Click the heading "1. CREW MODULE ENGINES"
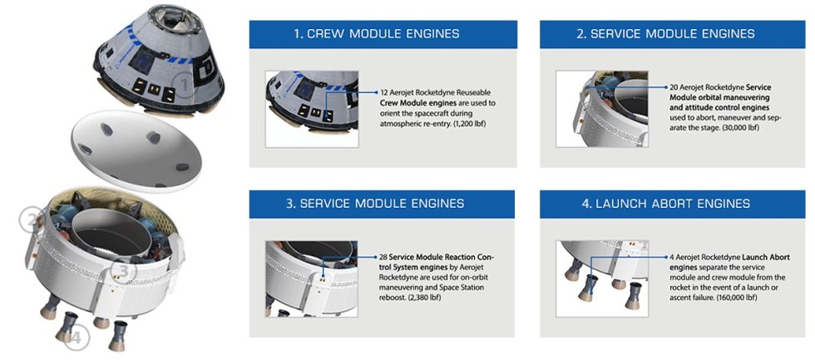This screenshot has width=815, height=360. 376,35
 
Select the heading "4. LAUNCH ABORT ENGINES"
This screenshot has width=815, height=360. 667,203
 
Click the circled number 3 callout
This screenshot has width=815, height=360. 123,271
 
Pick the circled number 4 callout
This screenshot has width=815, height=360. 76,338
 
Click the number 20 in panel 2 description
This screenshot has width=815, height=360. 674,86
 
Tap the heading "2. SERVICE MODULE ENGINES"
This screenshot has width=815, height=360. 667,35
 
